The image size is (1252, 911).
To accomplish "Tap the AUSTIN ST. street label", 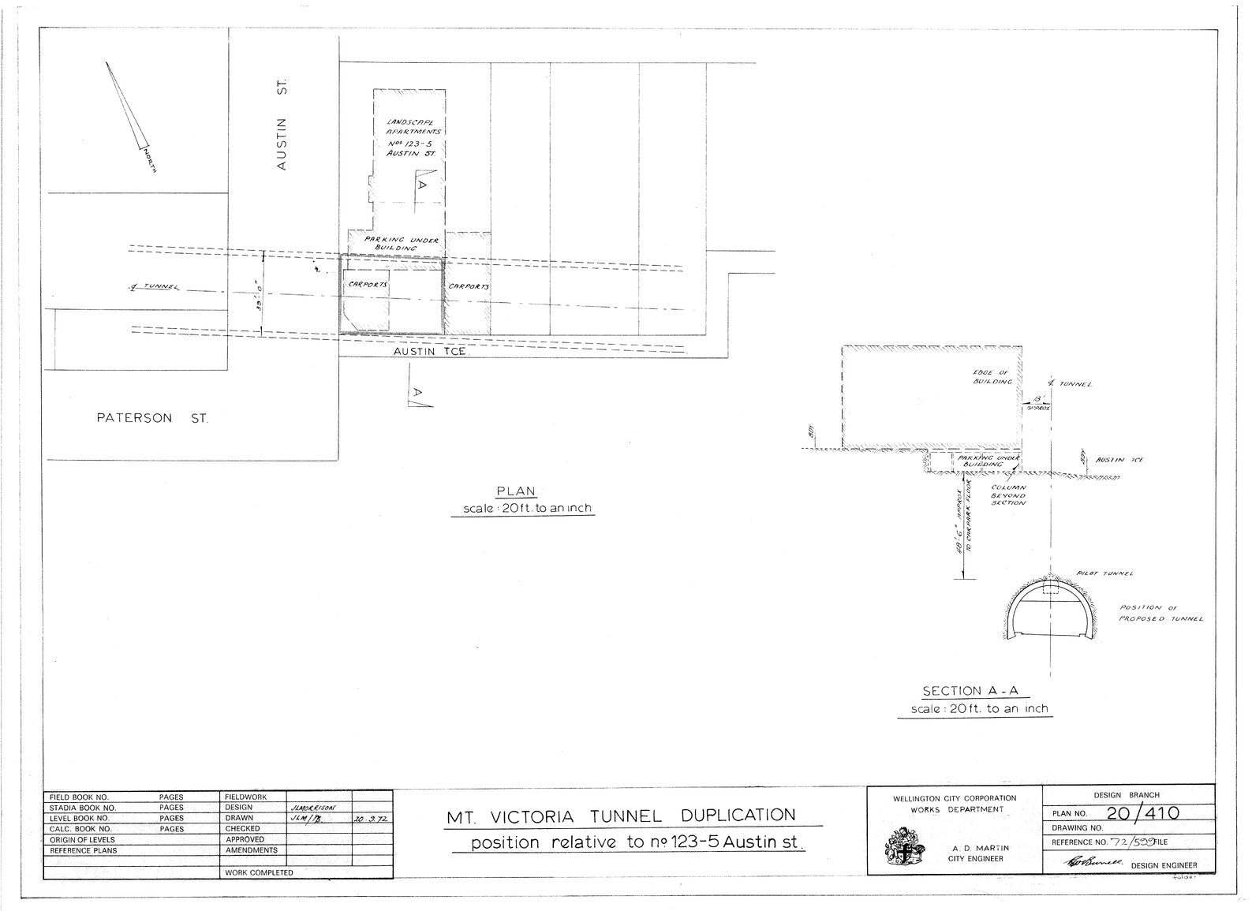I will (282, 124).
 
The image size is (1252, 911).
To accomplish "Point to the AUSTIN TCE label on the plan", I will (430, 353).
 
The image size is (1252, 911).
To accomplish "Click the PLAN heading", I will (521, 491).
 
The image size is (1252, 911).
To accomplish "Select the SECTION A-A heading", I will (975, 691).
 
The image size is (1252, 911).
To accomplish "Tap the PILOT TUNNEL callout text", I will (1093, 574).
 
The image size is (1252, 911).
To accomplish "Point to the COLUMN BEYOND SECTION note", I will (1009, 495).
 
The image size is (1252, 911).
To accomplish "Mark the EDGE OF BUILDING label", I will (992, 376).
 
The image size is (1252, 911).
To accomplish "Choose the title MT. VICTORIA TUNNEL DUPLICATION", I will (621, 816).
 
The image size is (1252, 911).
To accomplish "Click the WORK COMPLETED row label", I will (259, 872).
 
